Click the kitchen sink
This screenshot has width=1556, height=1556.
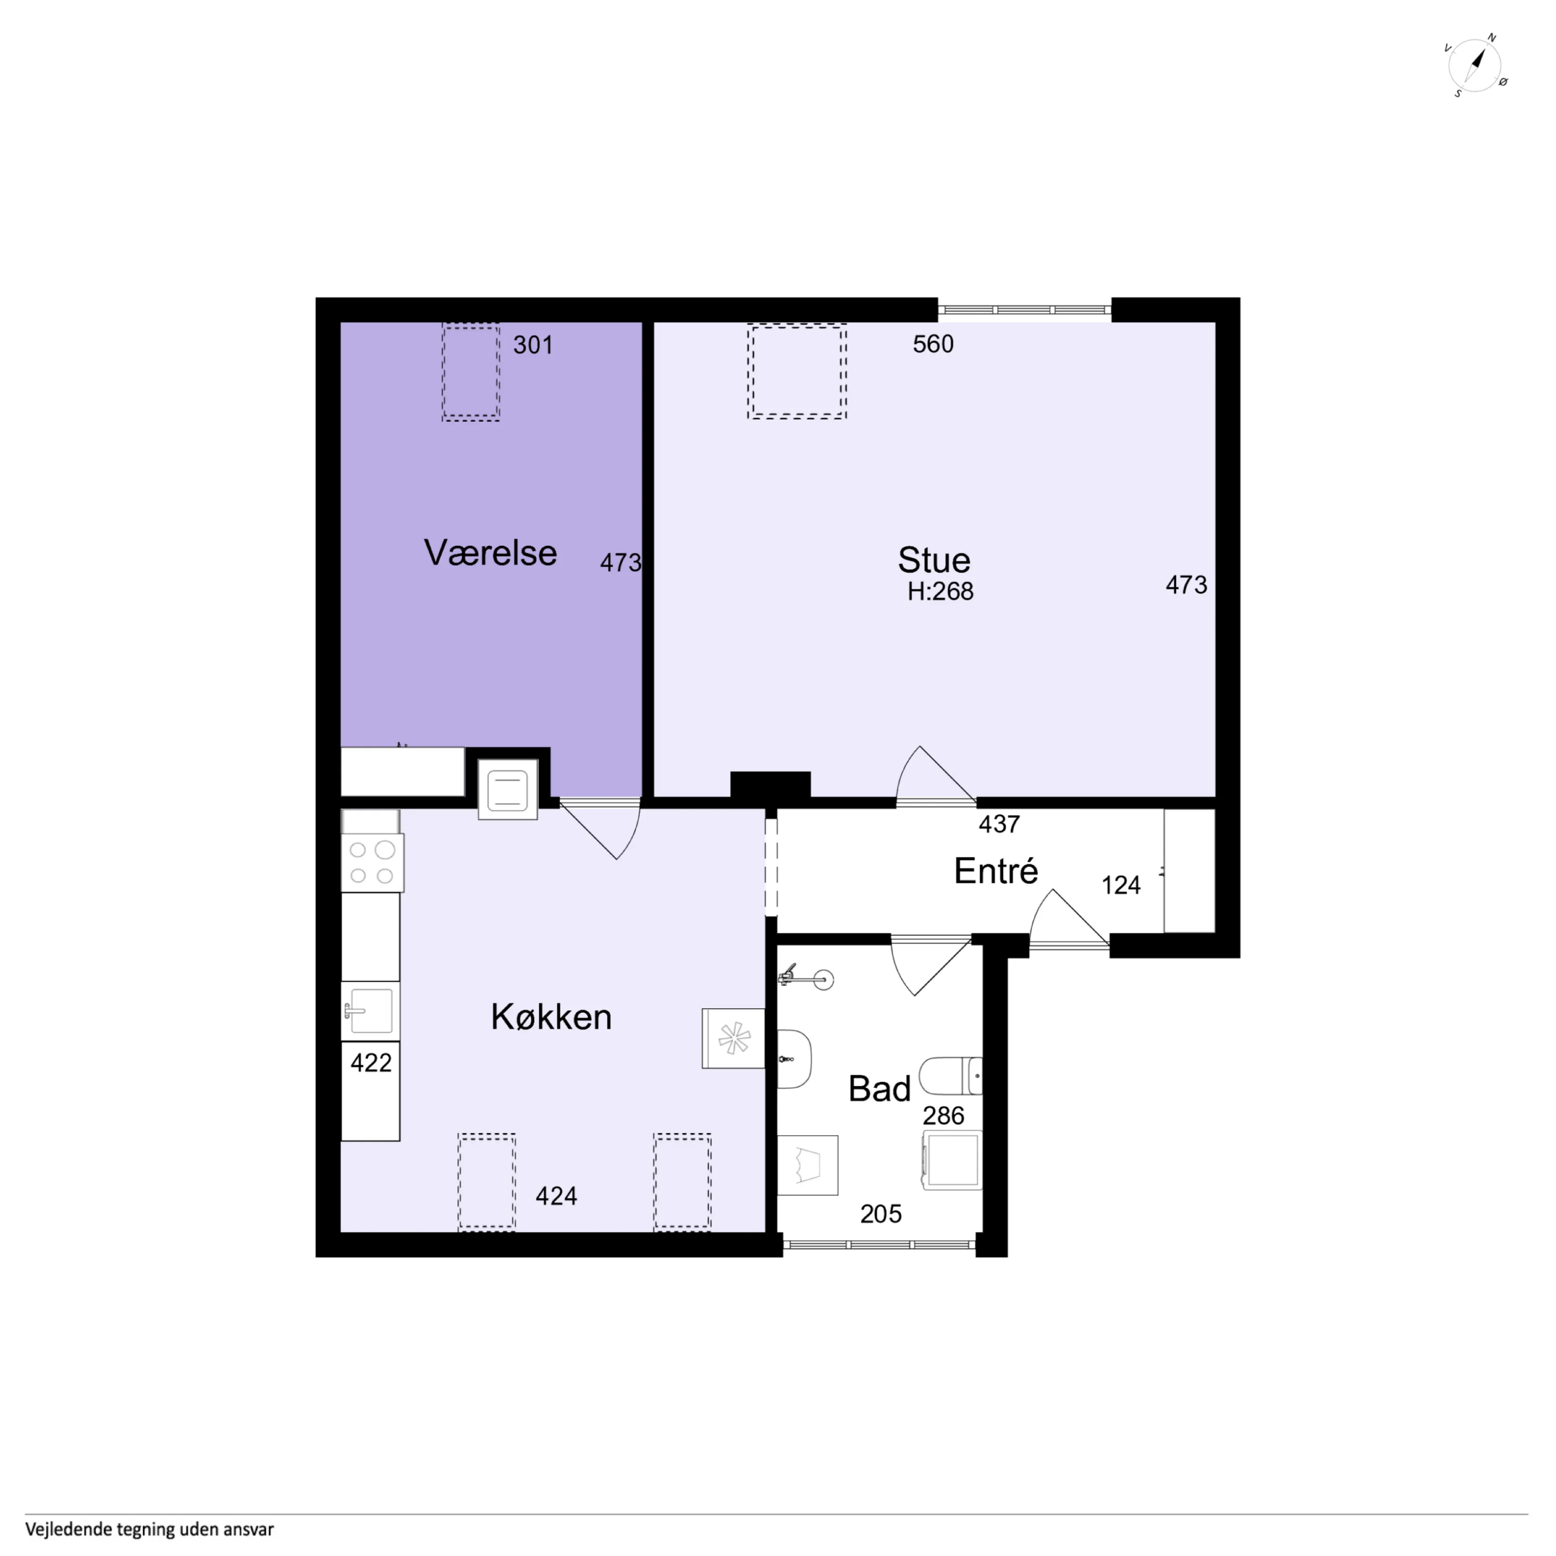click(371, 1011)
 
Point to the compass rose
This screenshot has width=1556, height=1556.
click(1476, 66)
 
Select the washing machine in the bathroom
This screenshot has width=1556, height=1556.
click(952, 1161)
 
